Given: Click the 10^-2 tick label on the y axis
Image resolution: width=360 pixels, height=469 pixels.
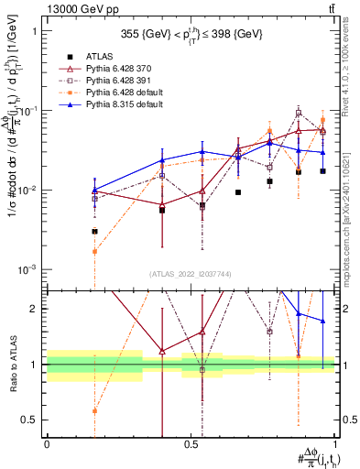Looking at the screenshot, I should pos(30,191).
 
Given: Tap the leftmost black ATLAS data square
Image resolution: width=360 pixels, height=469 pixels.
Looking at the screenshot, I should pos(94,232).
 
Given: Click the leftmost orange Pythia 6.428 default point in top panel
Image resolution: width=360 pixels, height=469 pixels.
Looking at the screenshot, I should pos(94,251).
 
